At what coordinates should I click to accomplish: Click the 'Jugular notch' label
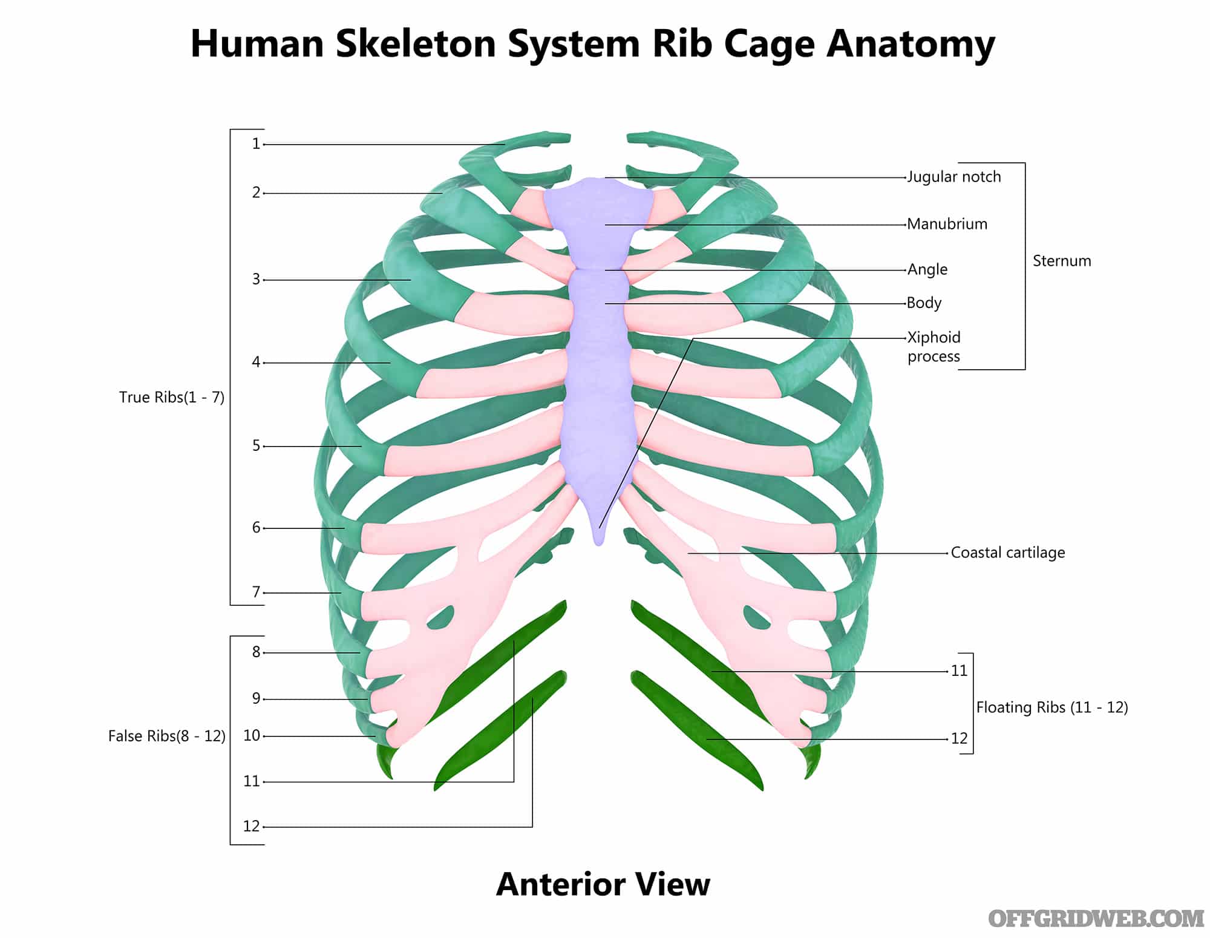(954, 177)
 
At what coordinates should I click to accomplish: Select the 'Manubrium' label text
(947, 224)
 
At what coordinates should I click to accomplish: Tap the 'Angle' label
(927, 269)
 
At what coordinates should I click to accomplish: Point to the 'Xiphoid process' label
(934, 347)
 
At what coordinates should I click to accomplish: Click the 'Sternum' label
(1062, 261)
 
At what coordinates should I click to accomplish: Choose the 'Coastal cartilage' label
(1008, 553)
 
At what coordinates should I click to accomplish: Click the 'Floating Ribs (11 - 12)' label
(1052, 707)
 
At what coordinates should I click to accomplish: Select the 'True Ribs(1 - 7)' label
(172, 397)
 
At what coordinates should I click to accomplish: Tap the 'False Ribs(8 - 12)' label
(167, 736)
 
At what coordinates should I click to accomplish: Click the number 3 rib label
(256, 280)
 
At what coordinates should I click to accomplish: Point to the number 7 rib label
(256, 592)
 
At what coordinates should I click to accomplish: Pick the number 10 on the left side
(252, 735)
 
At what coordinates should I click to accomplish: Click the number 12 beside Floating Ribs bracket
(959, 738)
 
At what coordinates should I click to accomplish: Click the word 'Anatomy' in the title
(911, 44)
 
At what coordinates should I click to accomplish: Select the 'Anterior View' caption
(603, 884)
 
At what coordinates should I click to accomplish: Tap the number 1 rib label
(256, 144)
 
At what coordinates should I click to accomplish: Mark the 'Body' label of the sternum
(924, 303)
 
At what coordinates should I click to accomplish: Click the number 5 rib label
(256, 446)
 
